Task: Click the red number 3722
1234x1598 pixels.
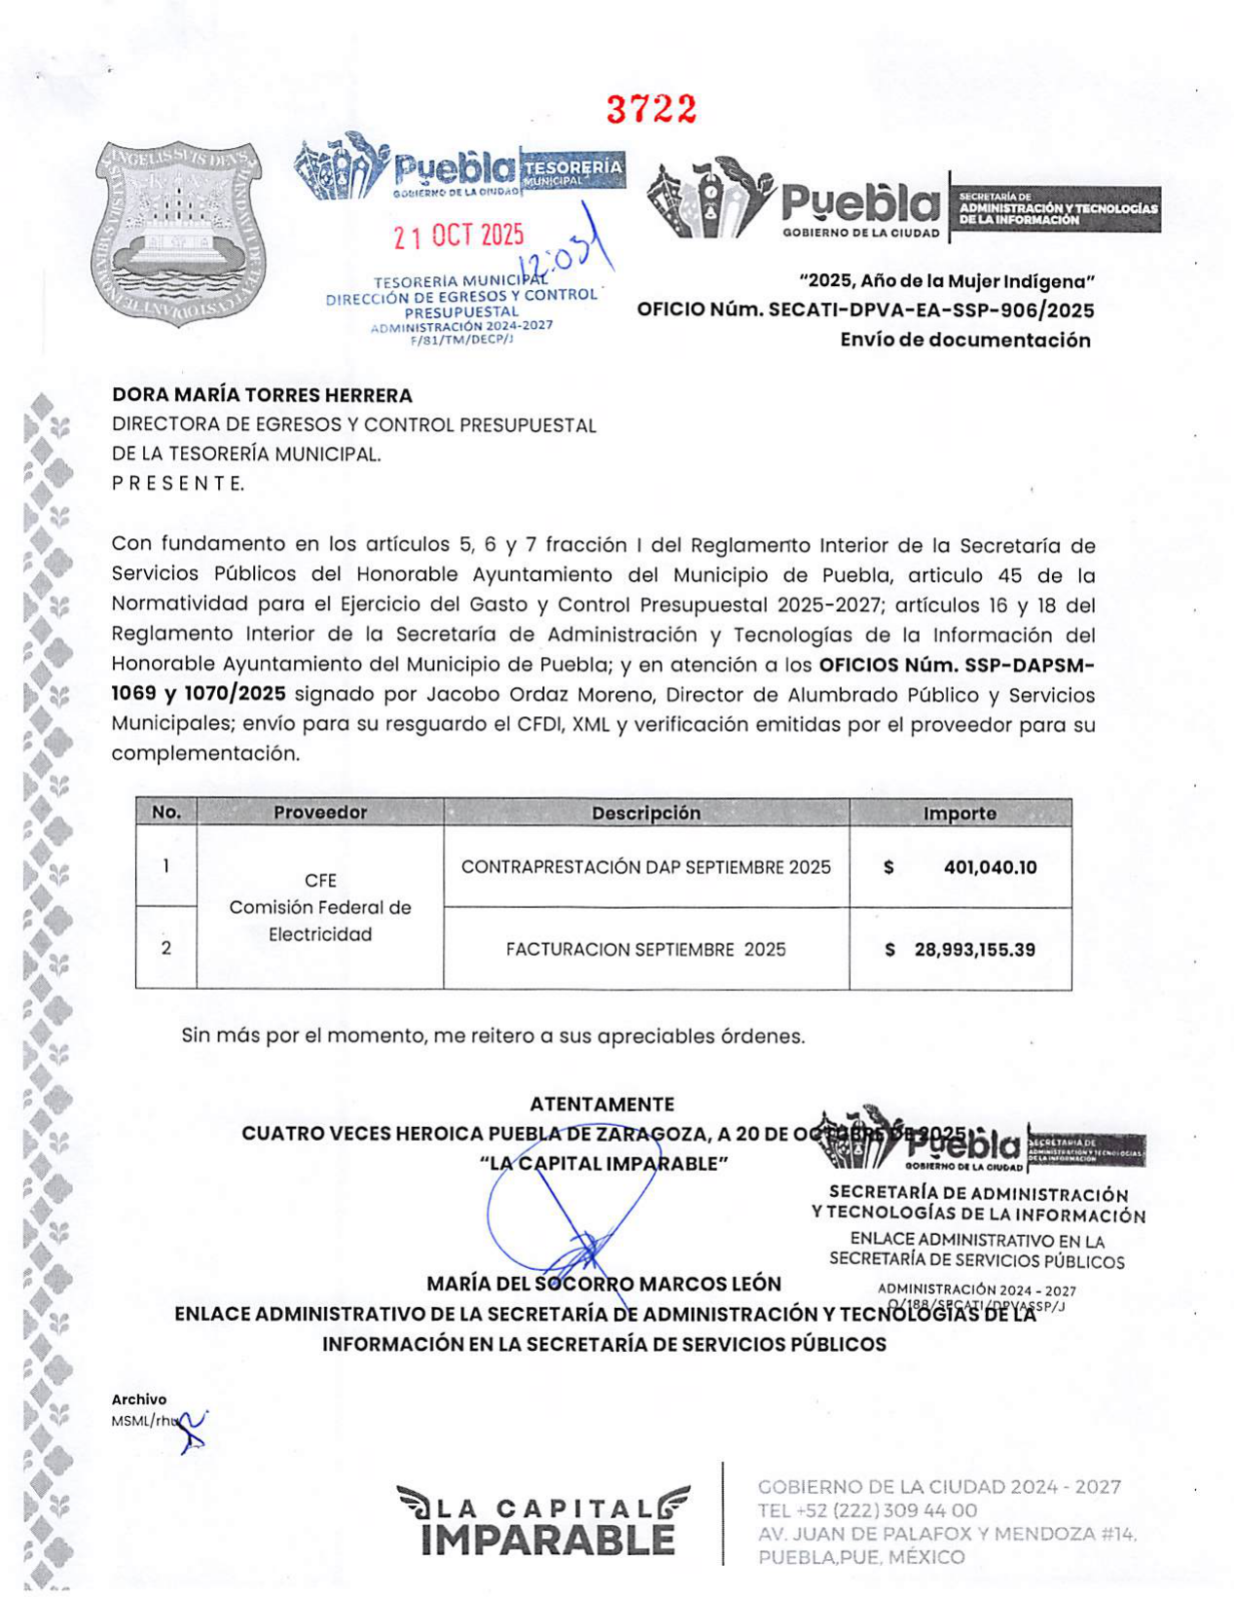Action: tap(652, 110)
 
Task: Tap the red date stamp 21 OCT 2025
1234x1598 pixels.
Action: tap(458, 236)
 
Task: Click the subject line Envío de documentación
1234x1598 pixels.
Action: tap(964, 340)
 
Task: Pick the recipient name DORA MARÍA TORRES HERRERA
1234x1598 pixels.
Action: tap(262, 395)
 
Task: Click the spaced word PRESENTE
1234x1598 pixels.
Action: tap(178, 483)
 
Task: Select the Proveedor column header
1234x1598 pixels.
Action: tap(320, 813)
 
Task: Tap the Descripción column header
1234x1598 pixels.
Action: tap(646, 813)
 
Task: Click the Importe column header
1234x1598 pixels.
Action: tap(960, 814)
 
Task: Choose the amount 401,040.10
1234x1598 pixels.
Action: tap(990, 867)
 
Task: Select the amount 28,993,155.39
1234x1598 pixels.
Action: tap(974, 949)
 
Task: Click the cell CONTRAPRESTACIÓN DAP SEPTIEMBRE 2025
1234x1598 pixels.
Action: tap(646, 867)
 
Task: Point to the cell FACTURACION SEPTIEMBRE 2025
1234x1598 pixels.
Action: tap(646, 949)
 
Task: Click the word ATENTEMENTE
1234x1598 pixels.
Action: tap(601, 1104)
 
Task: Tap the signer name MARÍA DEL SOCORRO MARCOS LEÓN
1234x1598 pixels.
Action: tap(603, 1284)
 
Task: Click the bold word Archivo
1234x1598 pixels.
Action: tap(138, 1399)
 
